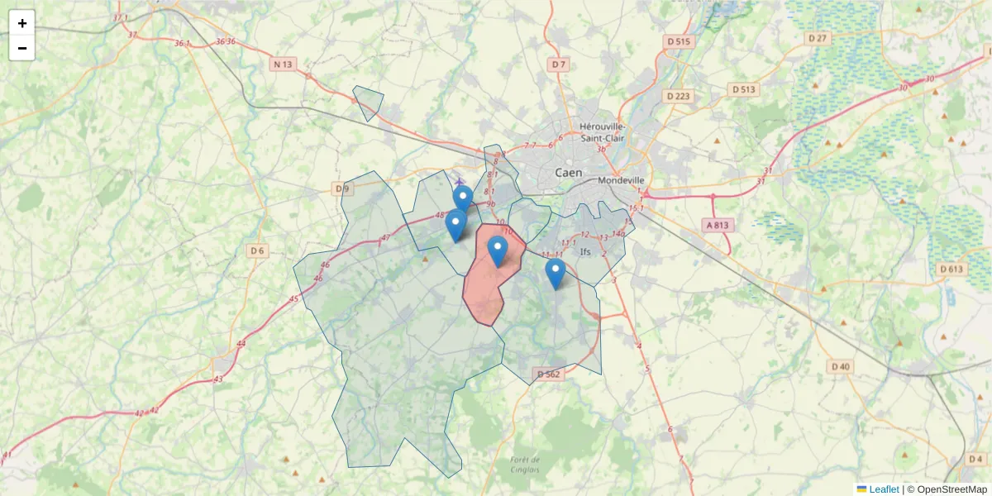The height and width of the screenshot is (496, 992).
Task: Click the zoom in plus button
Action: click(x=22, y=23)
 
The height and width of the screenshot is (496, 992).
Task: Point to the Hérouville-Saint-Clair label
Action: click(x=603, y=131)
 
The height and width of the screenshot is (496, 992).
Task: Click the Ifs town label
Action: click(x=586, y=251)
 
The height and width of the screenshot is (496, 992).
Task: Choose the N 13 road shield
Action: click(x=283, y=64)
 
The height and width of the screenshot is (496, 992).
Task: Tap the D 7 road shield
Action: click(x=560, y=64)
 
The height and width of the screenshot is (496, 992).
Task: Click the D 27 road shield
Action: click(x=818, y=38)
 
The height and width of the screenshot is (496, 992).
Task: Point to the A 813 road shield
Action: click(x=718, y=224)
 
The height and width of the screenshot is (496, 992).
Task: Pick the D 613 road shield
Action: click(x=952, y=269)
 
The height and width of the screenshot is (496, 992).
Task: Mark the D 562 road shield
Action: click(x=548, y=374)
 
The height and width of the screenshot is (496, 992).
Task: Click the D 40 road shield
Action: click(x=841, y=366)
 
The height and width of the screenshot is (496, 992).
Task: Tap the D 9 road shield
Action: click(x=343, y=189)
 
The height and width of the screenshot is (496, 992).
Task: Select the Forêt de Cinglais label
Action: click(x=525, y=465)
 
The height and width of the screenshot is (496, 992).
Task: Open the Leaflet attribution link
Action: click(x=884, y=489)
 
